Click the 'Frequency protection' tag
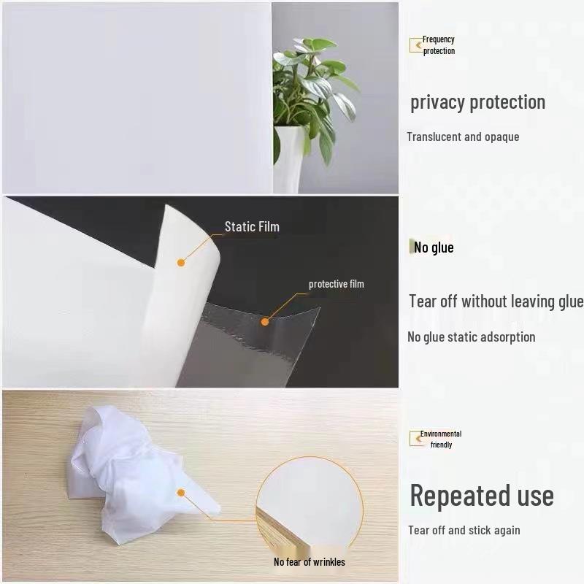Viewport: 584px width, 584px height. pos(437,45)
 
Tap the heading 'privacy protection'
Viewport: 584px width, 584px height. pos(477,102)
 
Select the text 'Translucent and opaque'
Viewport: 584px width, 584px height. pos(463,137)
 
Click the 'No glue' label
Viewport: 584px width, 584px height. pos(434,247)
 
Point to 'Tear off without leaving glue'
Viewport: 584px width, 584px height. pos(496,301)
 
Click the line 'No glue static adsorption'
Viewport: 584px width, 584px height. pos(471,337)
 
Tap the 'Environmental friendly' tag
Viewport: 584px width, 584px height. pos(439,439)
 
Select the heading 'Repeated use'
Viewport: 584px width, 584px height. pos(481,495)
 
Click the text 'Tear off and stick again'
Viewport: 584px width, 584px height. pos(464,530)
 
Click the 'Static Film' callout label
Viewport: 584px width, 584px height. pos(252,226)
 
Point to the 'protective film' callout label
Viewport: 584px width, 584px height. pos(336,284)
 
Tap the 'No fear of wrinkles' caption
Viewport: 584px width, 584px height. pos(309,561)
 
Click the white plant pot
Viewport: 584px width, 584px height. pos(289,157)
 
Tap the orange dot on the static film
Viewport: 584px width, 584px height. pos(181,261)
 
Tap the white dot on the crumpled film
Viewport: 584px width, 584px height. pos(181,493)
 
